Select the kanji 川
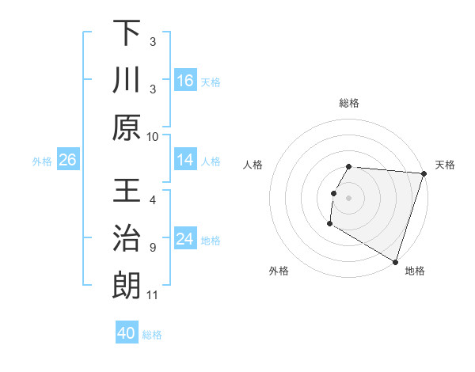127,81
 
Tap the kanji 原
127,128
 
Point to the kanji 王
127,192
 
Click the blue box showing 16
185,80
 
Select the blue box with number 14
185,160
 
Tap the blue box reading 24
185,239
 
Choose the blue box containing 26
67,160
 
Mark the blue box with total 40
127,333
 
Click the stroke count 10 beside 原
153,136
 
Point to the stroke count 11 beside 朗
153,295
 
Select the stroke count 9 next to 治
153,248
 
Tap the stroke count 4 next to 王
153,199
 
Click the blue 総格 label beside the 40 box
152,335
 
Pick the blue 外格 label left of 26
42,161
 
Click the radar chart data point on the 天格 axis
424,174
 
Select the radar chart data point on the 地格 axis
395,261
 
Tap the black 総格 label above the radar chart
349,103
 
